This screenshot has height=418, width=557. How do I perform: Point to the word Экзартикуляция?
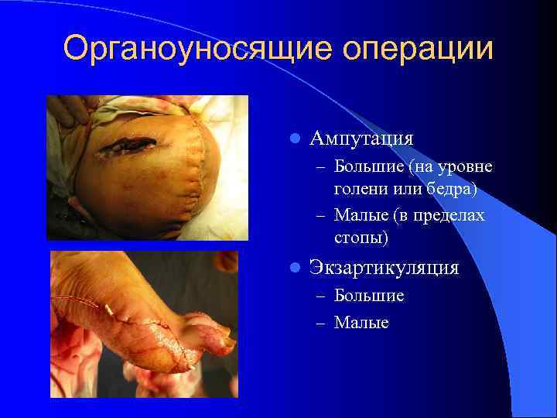(384, 268)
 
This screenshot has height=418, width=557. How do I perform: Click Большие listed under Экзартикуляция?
(369, 296)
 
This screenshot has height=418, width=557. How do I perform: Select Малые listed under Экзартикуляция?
(361, 321)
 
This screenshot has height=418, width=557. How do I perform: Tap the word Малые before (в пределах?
(361, 214)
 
